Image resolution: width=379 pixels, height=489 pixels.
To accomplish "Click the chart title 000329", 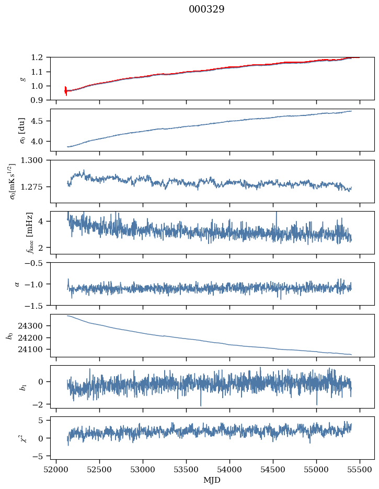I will click(x=206, y=9).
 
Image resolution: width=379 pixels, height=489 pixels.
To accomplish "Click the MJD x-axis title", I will click(x=212, y=480).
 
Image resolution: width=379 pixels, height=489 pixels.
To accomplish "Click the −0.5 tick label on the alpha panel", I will click(x=37, y=263).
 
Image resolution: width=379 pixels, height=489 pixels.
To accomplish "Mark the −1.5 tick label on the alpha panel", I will click(x=37, y=305).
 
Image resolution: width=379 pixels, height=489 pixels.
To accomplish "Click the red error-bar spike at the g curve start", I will click(x=66, y=91).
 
